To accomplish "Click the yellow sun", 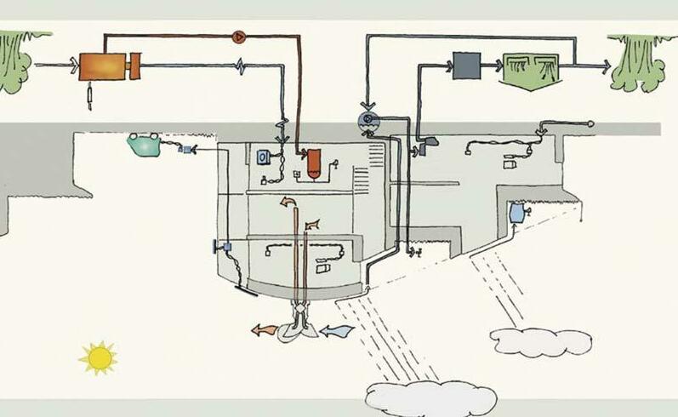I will (99, 357).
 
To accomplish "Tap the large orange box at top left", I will (102, 66).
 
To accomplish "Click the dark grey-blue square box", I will (464, 65).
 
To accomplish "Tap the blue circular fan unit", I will (368, 122).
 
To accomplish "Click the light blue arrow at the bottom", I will (339, 328).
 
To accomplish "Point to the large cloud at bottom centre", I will (430, 397).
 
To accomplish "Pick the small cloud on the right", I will (540, 341).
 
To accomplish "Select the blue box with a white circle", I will (265, 157).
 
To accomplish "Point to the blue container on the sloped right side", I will (516, 213).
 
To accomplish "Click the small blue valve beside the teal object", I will (187, 151).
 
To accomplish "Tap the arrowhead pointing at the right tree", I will (605, 65).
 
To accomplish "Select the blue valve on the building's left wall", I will (224, 248).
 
